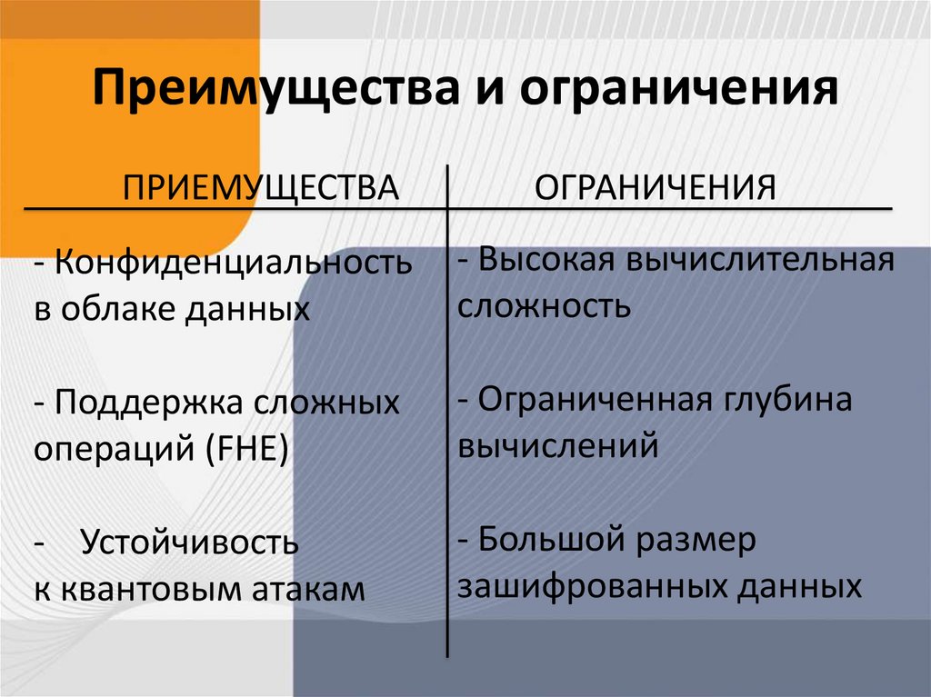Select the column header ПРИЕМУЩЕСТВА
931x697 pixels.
[262, 188]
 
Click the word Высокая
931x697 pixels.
[542, 261]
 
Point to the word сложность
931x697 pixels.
[544, 305]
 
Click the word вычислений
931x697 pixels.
[557, 446]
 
